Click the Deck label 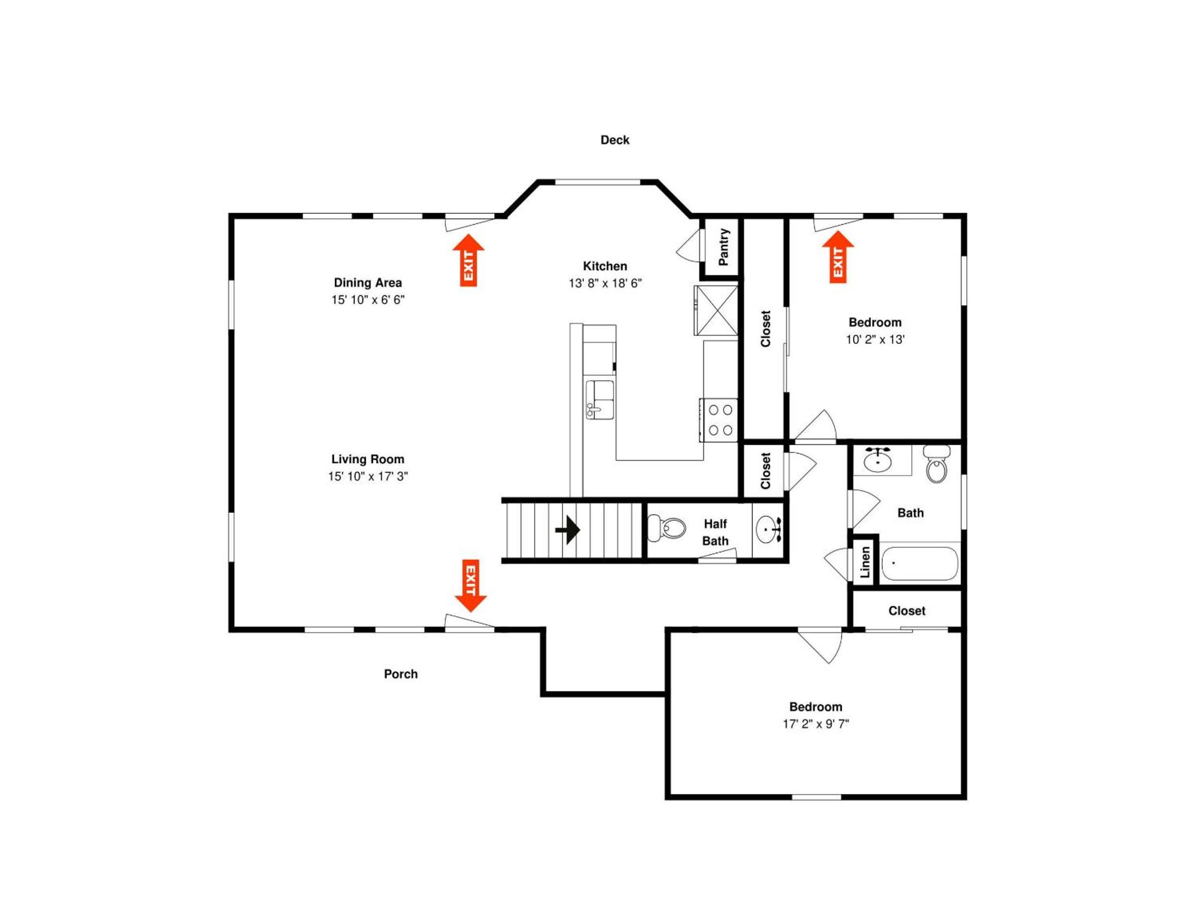point(615,140)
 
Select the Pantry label point(723,247)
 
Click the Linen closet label point(865,562)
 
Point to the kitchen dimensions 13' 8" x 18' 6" point(605,283)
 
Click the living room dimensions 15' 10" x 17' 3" point(368,476)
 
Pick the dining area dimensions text point(368,299)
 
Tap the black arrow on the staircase point(568,529)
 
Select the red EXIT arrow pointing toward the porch point(471,586)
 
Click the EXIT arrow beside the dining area point(468,260)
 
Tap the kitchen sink point(600,399)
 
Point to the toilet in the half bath point(667,528)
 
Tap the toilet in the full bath point(937,464)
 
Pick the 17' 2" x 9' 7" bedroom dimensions point(816,723)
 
